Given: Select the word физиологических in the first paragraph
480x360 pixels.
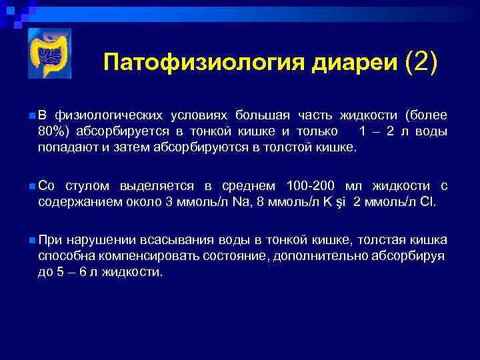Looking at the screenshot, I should pyautogui.click(x=107, y=115).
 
